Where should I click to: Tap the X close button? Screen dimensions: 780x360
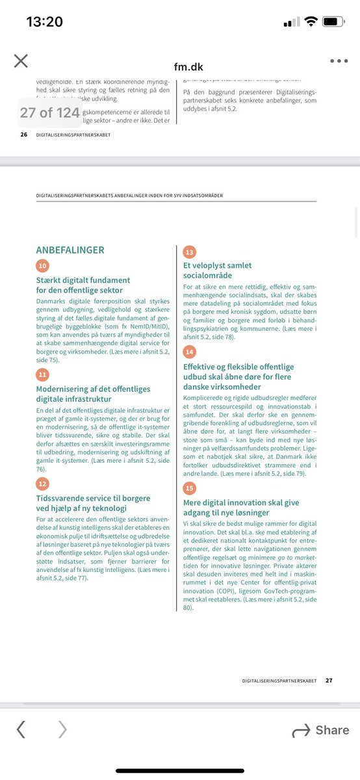click(x=21, y=61)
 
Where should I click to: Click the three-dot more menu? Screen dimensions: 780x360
click(x=339, y=61)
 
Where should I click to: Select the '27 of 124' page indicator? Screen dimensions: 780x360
click(x=49, y=112)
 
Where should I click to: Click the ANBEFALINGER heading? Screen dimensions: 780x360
click(x=70, y=250)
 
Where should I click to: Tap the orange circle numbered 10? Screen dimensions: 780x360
click(x=43, y=266)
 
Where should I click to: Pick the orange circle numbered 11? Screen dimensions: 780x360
click(x=43, y=374)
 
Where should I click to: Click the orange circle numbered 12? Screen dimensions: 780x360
click(x=43, y=483)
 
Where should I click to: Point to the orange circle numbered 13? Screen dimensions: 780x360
click(x=190, y=252)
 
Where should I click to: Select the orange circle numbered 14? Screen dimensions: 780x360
click(x=190, y=352)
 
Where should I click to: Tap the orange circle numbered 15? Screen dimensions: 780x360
click(x=190, y=487)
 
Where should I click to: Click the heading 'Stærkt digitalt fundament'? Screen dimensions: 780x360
click(x=79, y=285)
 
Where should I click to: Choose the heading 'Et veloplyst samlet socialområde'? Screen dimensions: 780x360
click(x=218, y=270)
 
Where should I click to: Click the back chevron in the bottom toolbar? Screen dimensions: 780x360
click(x=21, y=730)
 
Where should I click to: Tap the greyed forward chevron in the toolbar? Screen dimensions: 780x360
click(x=62, y=730)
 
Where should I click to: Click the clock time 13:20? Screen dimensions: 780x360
click(x=44, y=21)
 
